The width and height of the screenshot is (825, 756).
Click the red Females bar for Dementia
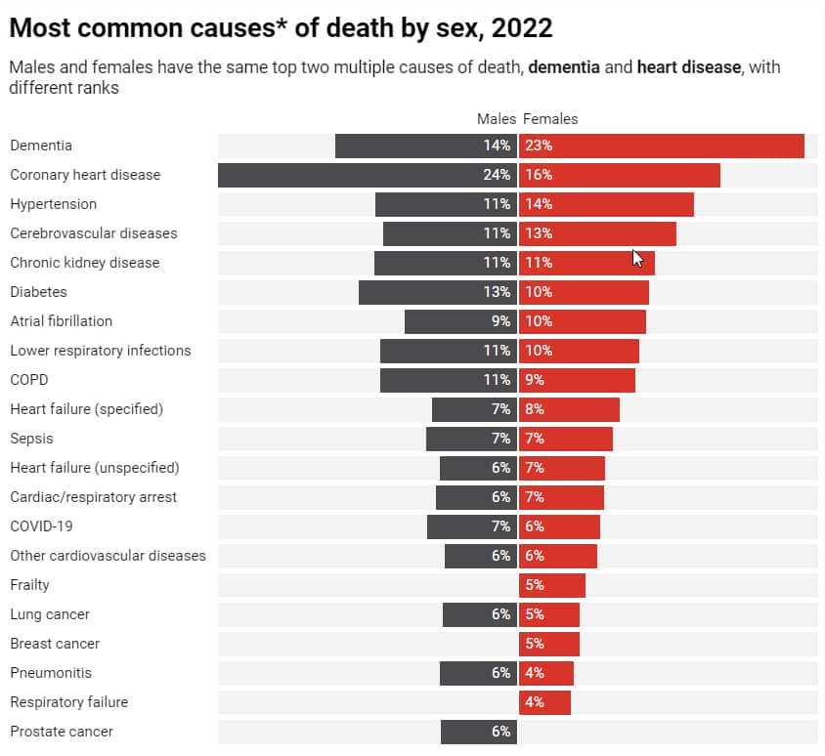tap(662, 146)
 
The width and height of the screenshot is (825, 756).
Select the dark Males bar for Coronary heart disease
tap(367, 175)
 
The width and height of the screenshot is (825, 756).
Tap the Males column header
tap(496, 119)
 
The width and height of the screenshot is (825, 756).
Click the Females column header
tap(550, 119)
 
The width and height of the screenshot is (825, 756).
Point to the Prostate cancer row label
tap(62, 732)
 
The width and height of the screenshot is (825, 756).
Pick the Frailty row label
tap(29, 585)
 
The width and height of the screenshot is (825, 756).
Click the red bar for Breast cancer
tap(549, 644)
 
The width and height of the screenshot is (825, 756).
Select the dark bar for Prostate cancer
tap(478, 732)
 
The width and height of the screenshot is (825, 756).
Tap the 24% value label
tap(497, 175)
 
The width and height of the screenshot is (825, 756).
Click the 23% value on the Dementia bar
tap(539, 146)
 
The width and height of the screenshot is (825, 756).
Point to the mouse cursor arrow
tap(637, 258)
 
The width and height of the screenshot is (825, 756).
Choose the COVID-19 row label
tap(41, 526)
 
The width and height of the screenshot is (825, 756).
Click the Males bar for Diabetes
tap(437, 292)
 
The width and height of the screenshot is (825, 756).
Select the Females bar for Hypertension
tap(606, 204)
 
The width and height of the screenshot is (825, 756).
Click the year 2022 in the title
tap(523, 27)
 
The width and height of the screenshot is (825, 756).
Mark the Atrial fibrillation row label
tap(61, 321)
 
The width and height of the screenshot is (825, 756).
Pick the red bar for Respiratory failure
tap(544, 702)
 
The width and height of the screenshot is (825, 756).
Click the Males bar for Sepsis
tap(471, 439)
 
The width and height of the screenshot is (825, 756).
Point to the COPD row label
tap(28, 380)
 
